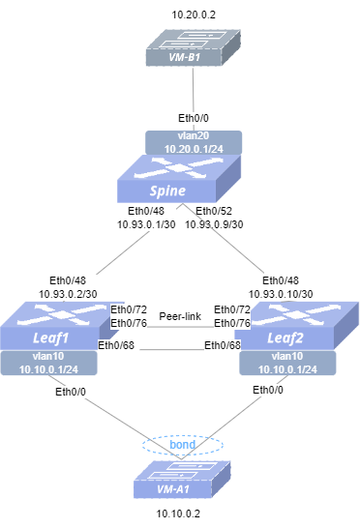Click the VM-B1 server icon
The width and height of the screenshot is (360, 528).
click(194, 47)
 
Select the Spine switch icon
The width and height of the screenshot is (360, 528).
click(179, 179)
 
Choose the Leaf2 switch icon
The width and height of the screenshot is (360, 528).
click(297, 326)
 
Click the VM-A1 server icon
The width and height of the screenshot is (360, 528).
click(182, 480)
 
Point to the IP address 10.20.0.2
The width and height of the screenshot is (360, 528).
click(194, 15)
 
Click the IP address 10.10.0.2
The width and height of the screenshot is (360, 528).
click(178, 513)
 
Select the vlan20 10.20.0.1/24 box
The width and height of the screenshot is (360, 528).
click(194, 142)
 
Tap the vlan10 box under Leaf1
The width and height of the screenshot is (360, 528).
click(48, 363)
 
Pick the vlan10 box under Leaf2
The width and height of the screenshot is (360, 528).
click(287, 363)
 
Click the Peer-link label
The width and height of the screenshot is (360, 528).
click(180, 316)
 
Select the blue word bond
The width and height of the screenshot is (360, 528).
click(182, 445)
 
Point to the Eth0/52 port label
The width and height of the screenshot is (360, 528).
click(214, 211)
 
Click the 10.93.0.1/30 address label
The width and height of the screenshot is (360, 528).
click(146, 224)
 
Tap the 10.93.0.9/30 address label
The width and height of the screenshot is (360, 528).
click(214, 224)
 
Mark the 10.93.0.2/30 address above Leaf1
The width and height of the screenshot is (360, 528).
click(68, 294)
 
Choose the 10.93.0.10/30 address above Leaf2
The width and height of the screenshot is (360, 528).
click(281, 294)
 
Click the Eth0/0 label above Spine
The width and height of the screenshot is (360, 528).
click(194, 118)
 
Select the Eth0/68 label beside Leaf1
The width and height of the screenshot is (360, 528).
click(116, 345)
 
